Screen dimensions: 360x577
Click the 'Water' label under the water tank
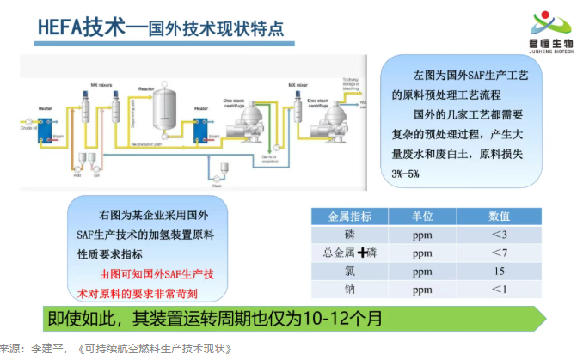(x=217, y=184)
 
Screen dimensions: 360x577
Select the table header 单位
(x=422, y=216)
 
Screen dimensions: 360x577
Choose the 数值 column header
(x=500, y=216)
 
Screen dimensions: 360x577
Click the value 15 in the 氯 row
(x=500, y=271)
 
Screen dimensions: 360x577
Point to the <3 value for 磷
(x=500, y=235)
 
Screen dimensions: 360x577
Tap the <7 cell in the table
(x=500, y=253)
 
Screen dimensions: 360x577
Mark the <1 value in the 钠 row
(x=500, y=290)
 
